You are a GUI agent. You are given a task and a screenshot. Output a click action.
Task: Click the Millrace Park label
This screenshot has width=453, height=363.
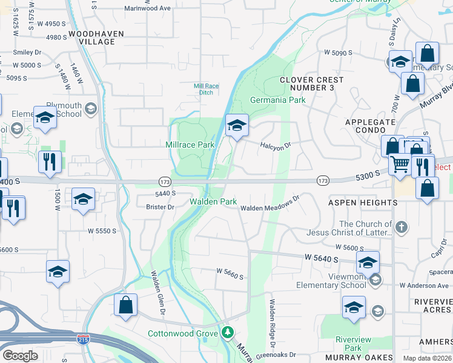click(x=190, y=145)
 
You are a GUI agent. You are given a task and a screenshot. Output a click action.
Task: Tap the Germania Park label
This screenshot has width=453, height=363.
click(x=278, y=100)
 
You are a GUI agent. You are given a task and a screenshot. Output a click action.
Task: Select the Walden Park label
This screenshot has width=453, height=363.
click(x=213, y=201)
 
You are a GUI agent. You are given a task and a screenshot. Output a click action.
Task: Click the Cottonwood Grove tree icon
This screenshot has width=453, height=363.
click(x=228, y=332)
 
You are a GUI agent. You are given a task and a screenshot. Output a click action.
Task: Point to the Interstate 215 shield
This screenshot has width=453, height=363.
click(x=84, y=339)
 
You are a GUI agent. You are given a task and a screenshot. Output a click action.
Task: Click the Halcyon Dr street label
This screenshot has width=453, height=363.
click(x=276, y=145)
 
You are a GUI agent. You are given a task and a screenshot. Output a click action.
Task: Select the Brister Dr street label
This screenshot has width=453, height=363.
click(x=160, y=207)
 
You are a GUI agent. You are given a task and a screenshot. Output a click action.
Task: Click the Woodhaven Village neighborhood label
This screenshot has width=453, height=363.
click(x=92, y=38)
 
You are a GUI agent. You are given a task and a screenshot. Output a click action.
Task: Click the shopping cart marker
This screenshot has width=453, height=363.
click(x=400, y=165)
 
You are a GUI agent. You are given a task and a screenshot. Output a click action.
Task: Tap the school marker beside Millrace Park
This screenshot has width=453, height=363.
click(x=237, y=126)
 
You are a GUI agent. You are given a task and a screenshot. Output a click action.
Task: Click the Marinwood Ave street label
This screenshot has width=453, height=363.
click(x=148, y=8)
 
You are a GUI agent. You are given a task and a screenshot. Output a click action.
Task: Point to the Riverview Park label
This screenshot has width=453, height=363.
click(x=348, y=344)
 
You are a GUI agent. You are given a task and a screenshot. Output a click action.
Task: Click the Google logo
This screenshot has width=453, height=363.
click(x=19, y=356)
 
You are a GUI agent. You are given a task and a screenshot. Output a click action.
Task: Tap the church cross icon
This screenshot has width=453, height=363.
click(x=400, y=227)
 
